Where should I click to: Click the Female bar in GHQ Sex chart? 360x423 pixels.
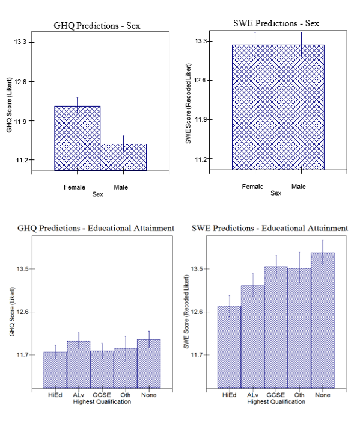pos(77,138)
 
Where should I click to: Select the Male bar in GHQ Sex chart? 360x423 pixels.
pos(123,157)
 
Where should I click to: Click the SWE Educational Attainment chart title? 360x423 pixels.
pos(269,229)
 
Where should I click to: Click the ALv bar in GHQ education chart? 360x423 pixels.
pos(78,363)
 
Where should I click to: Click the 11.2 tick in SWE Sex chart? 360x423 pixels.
pos(200,159)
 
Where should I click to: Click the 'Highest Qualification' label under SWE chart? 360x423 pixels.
pos(276,401)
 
